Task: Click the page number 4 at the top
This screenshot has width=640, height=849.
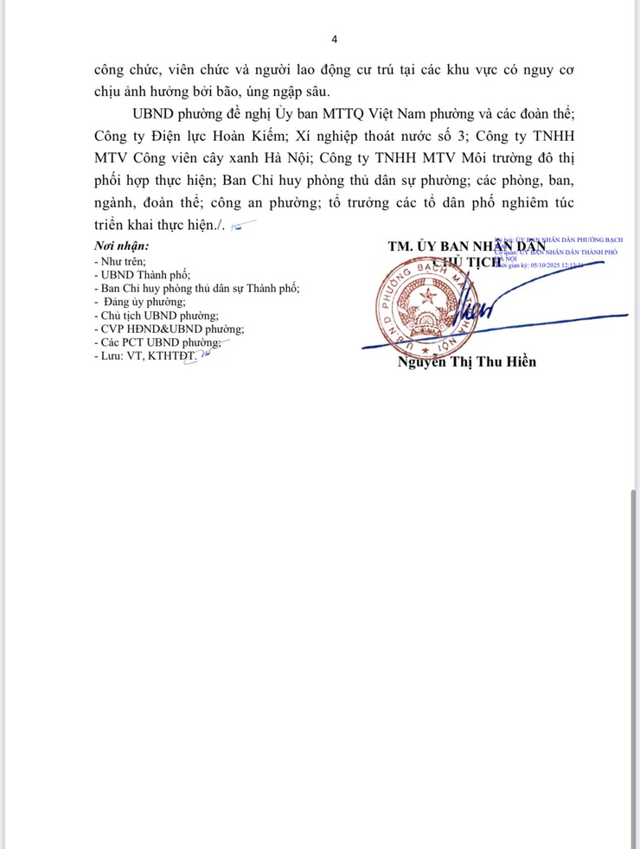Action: (x=335, y=39)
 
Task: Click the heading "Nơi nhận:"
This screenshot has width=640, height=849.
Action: (x=121, y=246)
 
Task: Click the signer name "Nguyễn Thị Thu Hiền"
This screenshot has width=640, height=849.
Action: (x=467, y=361)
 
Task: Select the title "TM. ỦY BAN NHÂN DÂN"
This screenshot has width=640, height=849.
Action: (x=472, y=246)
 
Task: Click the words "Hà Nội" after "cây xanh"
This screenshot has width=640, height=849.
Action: (x=347, y=158)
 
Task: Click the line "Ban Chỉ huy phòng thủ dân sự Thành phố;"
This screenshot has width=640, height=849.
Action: (x=198, y=288)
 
